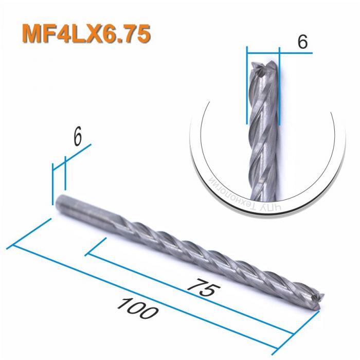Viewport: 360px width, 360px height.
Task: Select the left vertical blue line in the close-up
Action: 247,87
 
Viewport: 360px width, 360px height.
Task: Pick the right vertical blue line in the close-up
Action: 279,87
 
